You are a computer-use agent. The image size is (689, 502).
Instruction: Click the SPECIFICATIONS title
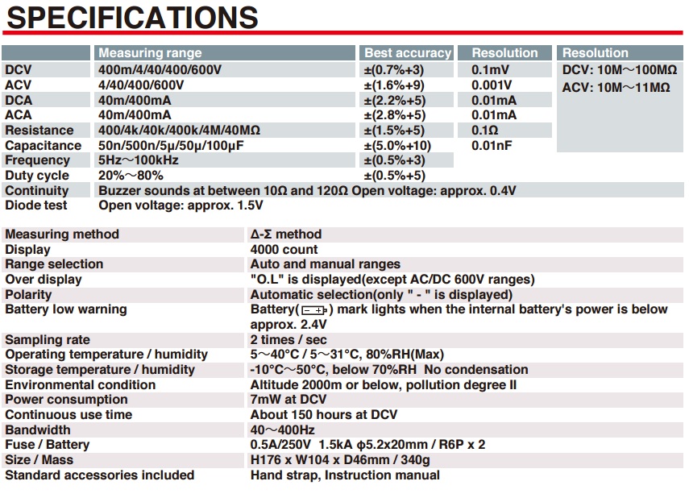(x=131, y=17)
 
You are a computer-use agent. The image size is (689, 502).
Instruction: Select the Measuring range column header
(x=150, y=53)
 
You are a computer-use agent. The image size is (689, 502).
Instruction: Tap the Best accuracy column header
(x=407, y=53)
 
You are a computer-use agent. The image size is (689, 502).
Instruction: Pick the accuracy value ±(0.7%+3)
(x=393, y=69)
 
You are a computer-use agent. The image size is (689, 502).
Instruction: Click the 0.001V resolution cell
(x=491, y=85)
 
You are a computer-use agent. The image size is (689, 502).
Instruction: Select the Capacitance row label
(x=44, y=145)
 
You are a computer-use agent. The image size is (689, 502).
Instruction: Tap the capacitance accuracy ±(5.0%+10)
(x=397, y=145)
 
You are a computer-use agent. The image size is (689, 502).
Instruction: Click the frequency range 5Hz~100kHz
(x=139, y=160)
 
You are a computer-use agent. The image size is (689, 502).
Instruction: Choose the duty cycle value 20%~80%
(x=130, y=176)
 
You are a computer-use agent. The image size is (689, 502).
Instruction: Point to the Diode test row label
(x=36, y=205)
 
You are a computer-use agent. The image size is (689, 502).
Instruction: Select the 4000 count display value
(x=284, y=250)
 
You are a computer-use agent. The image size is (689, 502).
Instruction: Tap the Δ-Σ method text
(x=286, y=234)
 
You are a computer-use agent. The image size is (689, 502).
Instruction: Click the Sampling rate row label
(x=48, y=340)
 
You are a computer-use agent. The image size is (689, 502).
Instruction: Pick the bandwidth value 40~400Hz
(x=283, y=430)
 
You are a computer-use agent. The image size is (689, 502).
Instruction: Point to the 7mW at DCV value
(x=288, y=400)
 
